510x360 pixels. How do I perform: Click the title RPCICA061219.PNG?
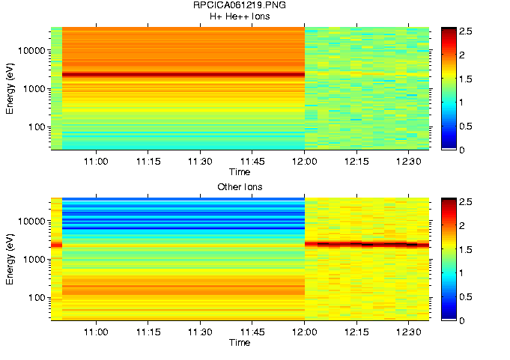pyautogui.click(x=240, y=6)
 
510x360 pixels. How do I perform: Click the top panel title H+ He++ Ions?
pyautogui.click(x=240, y=16)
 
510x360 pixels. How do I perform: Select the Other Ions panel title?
pyautogui.click(x=240, y=186)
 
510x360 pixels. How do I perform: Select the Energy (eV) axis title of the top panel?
pyautogui.click(x=10, y=88)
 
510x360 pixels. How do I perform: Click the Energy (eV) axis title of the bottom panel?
pyautogui.click(x=10, y=259)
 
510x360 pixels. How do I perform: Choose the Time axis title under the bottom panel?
pyautogui.click(x=240, y=343)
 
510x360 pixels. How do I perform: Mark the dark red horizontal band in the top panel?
pyautogui.click(x=183, y=74)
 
